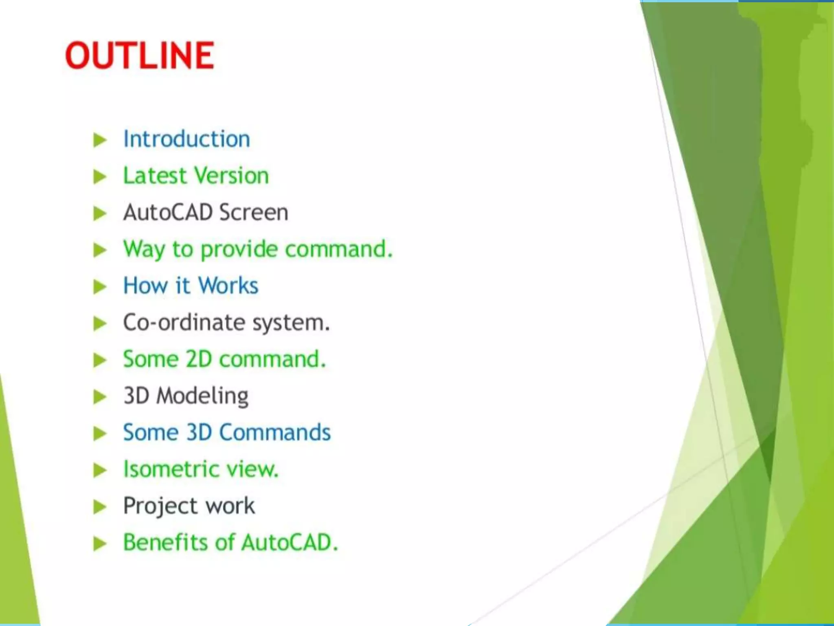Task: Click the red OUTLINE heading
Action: tap(140, 55)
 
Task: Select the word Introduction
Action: tap(187, 139)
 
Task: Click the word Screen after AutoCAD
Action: tap(253, 212)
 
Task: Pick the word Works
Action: tap(228, 286)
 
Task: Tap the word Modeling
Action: tap(202, 396)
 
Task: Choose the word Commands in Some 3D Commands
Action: tap(275, 432)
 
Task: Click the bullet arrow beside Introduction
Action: tap(100, 140)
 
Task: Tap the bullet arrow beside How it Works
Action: tap(100, 287)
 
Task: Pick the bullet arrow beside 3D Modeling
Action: tap(100, 397)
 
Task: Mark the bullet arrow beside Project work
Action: tap(100, 507)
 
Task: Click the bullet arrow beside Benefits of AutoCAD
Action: tap(100, 543)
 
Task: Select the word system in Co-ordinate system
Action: tap(291, 323)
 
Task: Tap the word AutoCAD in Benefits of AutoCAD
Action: tap(290, 542)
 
